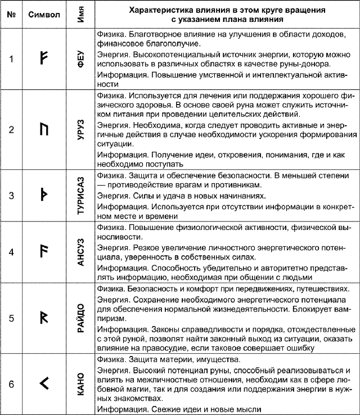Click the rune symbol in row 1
coord(44,58)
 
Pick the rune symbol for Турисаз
coord(44,196)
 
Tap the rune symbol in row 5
coord(44,318)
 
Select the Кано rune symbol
coord(45,384)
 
